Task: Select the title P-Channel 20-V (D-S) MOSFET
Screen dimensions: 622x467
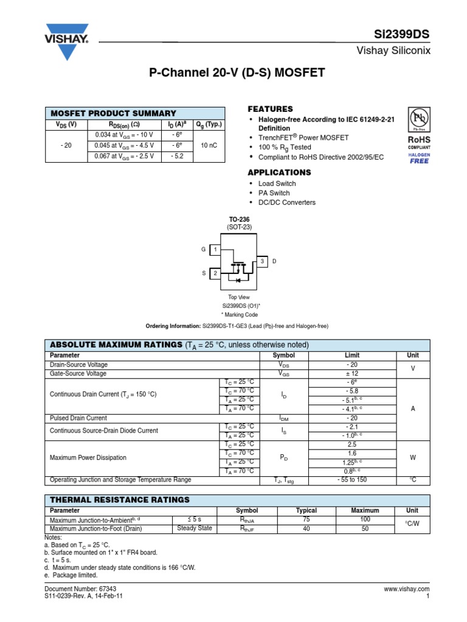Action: coord(237,73)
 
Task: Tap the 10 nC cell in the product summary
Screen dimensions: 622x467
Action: coord(209,146)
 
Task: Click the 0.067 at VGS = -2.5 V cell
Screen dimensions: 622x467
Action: coord(125,156)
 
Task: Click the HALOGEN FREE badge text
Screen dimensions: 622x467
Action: coord(418,158)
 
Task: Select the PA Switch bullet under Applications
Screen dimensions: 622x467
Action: coord(274,193)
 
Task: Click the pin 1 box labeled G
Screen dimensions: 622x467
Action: coord(215,250)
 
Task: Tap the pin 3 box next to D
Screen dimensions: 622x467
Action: coord(262,261)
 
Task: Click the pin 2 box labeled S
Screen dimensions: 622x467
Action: coord(215,274)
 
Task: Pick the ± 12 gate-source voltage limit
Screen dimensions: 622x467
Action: coord(352,374)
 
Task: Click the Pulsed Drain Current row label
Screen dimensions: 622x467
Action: coord(78,418)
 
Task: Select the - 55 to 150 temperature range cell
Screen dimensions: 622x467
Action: coord(352,480)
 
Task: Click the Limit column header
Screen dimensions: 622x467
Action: coord(352,355)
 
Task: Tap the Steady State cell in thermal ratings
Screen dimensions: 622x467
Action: coord(195,528)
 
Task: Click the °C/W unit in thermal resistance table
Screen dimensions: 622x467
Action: coord(413,524)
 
